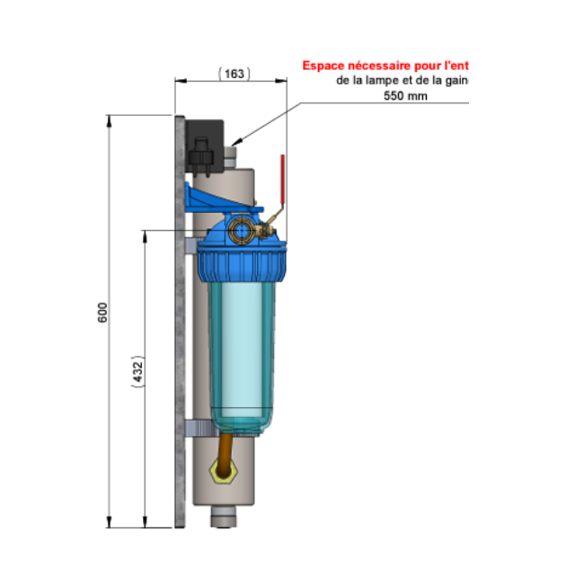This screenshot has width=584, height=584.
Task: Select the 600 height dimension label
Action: [102, 313]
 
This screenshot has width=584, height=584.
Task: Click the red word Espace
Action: [323, 66]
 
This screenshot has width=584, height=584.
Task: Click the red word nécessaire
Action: [381, 66]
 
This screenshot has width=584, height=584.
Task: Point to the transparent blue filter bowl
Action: [242, 350]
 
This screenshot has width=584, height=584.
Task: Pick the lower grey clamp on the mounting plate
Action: [199, 426]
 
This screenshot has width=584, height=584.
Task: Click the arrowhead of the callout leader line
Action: [234, 143]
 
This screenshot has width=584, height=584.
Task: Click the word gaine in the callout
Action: [455, 80]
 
